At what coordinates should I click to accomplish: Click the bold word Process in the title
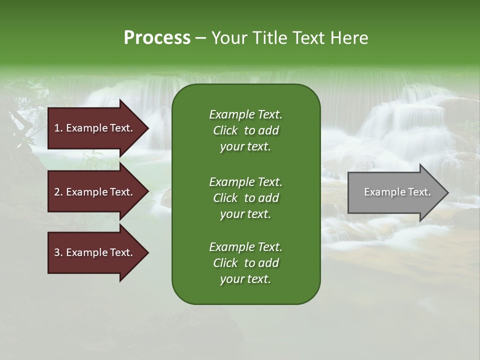(157, 38)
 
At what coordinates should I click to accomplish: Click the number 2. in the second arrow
(58, 192)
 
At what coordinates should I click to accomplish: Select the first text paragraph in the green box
(245, 130)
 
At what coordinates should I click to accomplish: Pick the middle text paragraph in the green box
(245, 198)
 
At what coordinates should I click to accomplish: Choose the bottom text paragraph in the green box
(245, 263)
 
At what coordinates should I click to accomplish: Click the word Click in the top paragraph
(225, 130)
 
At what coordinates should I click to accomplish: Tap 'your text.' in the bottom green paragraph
(245, 279)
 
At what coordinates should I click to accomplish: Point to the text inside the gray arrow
(397, 192)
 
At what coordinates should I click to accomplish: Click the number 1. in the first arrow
(58, 128)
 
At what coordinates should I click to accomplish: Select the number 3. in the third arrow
(58, 252)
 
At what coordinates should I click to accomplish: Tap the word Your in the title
(231, 38)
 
